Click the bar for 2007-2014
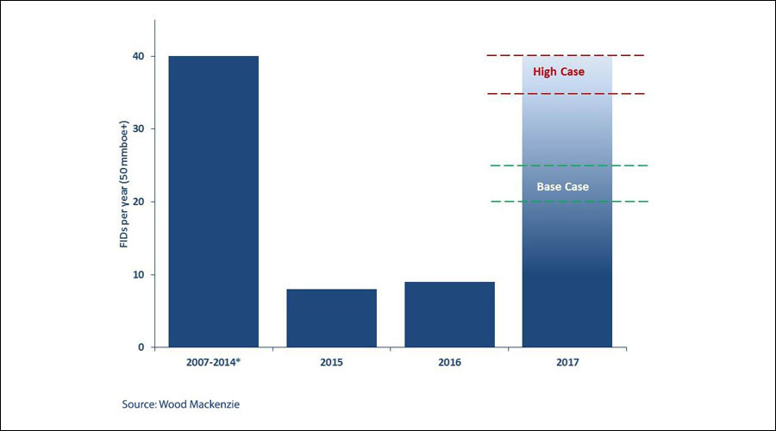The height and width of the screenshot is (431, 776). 213,202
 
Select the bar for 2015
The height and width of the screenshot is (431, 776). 332,318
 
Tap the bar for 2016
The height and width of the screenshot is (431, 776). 449,315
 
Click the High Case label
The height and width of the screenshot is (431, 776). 559,72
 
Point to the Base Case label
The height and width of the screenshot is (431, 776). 563,186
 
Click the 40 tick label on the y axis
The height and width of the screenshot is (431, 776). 139,56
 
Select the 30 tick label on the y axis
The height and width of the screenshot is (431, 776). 139,128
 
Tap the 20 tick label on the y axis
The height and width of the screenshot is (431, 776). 139,202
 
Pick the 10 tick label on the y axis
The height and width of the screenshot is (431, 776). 139,275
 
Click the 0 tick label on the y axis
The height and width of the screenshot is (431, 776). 141,347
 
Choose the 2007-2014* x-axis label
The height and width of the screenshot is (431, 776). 213,362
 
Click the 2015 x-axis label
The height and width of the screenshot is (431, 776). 332,362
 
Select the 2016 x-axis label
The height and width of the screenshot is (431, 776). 449,362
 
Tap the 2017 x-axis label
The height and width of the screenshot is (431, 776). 567,362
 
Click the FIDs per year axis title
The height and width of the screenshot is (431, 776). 123,184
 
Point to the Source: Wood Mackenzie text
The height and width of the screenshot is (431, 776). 181,404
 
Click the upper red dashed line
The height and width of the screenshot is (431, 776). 566,55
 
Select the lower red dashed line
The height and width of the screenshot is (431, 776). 566,93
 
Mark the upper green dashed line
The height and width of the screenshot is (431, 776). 569,166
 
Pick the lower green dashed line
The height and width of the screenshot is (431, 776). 570,202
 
